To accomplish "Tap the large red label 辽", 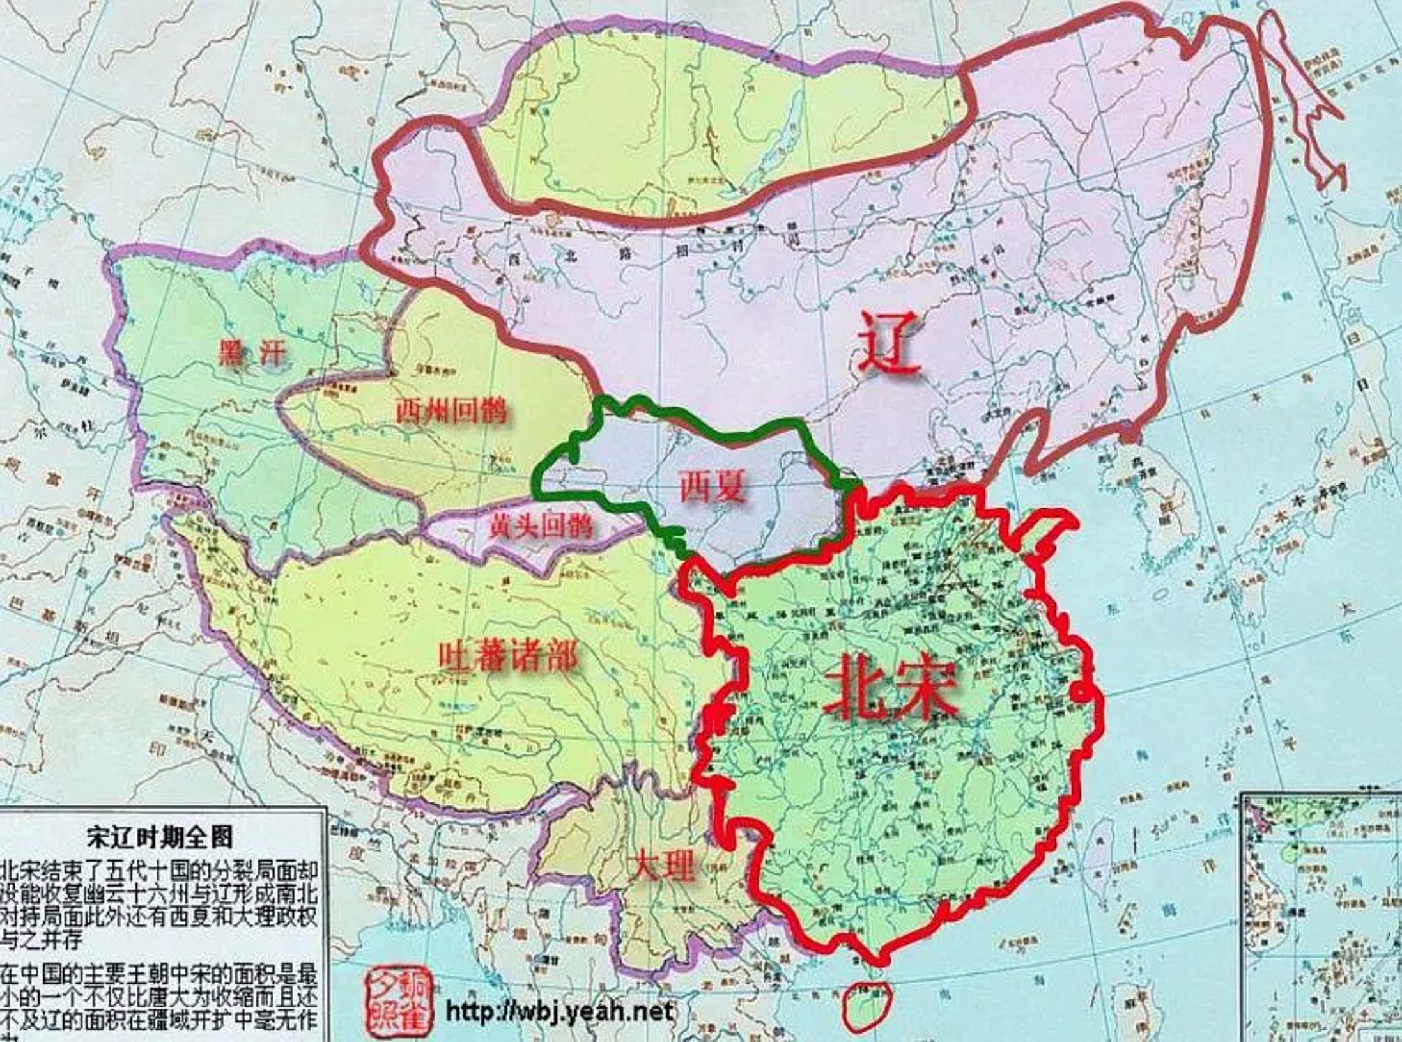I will coord(890,341).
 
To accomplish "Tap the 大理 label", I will coord(659,867).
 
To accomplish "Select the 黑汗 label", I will coord(249,353).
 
